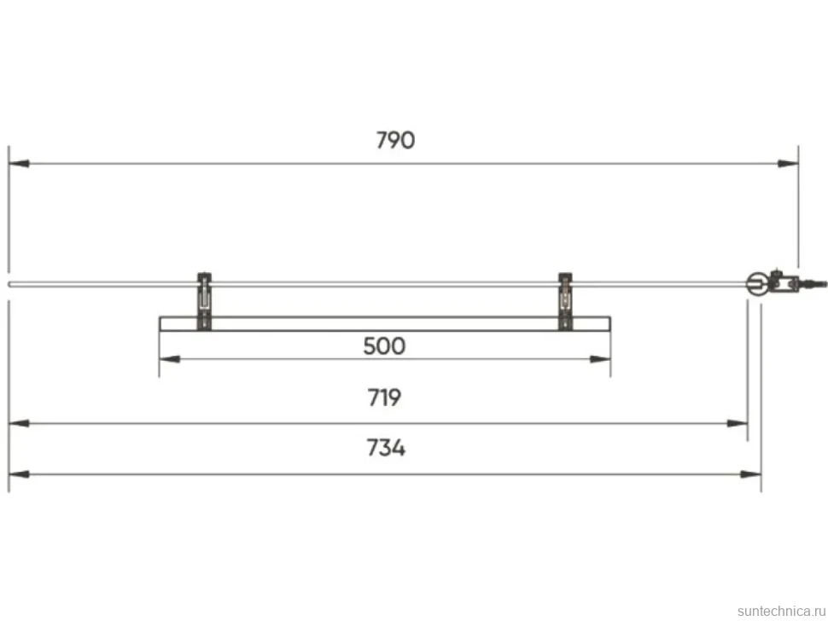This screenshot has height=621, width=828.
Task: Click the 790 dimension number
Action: (x=395, y=141)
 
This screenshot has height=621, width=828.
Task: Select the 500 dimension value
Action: (x=384, y=346)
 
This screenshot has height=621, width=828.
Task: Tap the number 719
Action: (x=384, y=398)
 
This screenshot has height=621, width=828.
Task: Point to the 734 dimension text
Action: (x=386, y=449)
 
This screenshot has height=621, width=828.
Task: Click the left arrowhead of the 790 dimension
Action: (x=19, y=164)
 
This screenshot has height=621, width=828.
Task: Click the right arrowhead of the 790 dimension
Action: (x=788, y=164)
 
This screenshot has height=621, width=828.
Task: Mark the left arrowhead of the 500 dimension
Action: (x=170, y=359)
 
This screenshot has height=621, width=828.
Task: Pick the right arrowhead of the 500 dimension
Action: (x=600, y=359)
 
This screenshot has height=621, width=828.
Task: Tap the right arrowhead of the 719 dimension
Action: (x=738, y=423)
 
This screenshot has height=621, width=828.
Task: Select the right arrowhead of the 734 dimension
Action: (x=750, y=474)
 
